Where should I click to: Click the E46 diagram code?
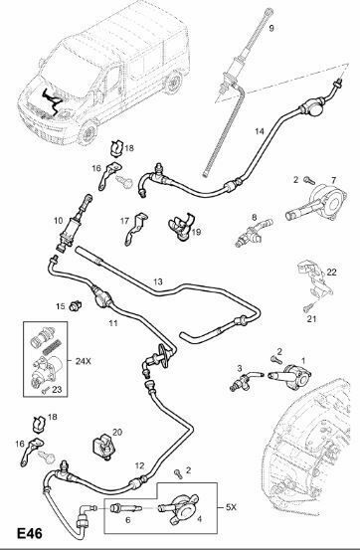(x=30, y=533)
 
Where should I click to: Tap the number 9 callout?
(x=271, y=28)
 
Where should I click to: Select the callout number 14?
(x=260, y=131)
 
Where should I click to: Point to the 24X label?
(x=84, y=361)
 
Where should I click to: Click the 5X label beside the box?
(x=231, y=507)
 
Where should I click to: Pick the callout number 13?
(x=158, y=281)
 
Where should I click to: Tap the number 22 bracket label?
(x=331, y=272)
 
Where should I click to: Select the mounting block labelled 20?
(x=103, y=447)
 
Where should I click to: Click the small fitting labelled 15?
(x=75, y=306)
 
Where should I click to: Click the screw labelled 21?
(x=308, y=307)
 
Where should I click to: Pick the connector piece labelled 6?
(x=125, y=508)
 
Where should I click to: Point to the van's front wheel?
(x=88, y=133)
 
